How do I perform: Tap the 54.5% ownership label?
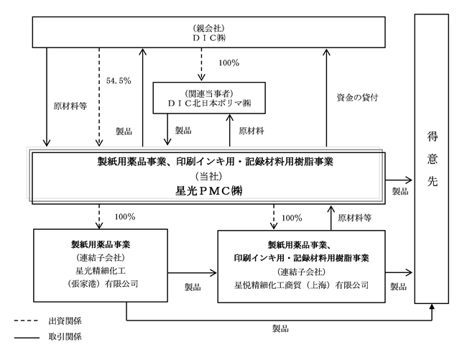pos(117,80)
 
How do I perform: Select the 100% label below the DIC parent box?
pos(228,63)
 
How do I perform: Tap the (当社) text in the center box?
pos(208,175)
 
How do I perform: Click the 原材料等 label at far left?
pos(70,105)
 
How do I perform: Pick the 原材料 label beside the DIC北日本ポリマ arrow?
pos(251,131)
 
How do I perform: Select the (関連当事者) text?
pos(209,93)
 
